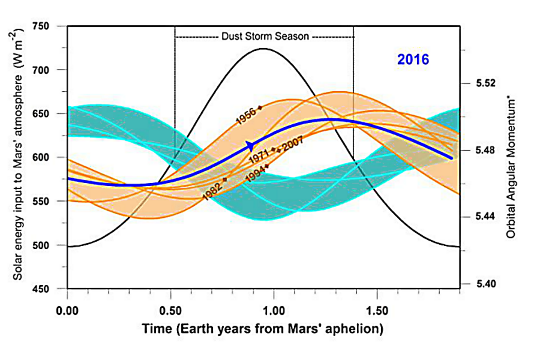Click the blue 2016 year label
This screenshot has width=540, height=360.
(413, 60)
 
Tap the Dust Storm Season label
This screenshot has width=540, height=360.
(265, 36)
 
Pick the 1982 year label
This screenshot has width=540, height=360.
(213, 188)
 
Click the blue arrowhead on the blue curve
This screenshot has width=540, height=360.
(250, 145)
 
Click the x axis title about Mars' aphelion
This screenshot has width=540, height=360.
(263, 329)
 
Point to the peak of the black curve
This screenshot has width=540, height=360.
(263, 49)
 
